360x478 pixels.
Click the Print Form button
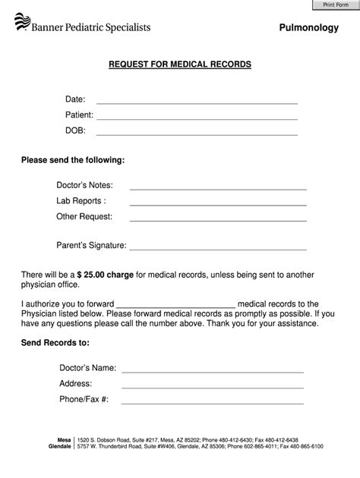pyautogui.click(x=336, y=5)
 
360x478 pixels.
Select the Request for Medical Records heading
pyautogui.click(x=179, y=65)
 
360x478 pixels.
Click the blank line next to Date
pyautogui.click(x=196, y=102)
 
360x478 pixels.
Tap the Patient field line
pyautogui.click(x=196, y=118)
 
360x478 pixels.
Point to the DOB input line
pyautogui.click(x=196, y=134)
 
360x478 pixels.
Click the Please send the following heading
pyautogui.click(x=73, y=161)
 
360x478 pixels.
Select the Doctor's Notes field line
pyautogui.click(x=218, y=187)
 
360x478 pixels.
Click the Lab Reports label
pyautogui.click(x=81, y=201)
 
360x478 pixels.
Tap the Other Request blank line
pyautogui.click(x=218, y=219)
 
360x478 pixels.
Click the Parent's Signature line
pyautogui.click(x=218, y=248)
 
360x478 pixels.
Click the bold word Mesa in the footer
pyautogui.click(x=64, y=439)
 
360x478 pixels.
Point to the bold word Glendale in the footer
pyautogui.click(x=58, y=447)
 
